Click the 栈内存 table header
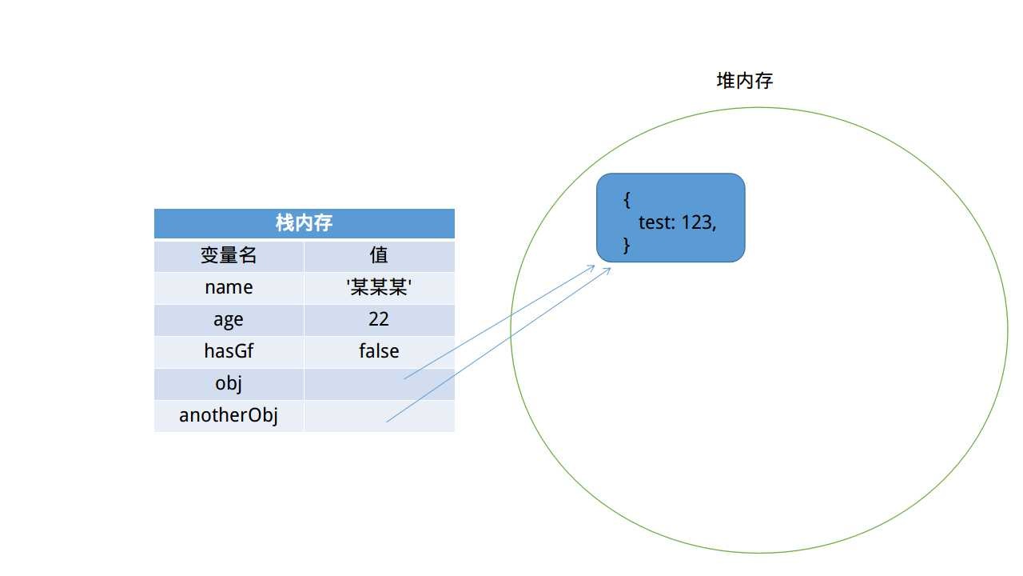point(305,223)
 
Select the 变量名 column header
point(229,255)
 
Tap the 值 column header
point(379,255)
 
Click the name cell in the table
point(229,287)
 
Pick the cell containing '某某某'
point(379,287)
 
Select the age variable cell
point(229,319)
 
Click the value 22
point(379,319)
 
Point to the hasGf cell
point(229,351)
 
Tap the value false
point(379,351)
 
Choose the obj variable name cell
point(229,383)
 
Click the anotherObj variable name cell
point(229,415)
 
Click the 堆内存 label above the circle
point(744,81)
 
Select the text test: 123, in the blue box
point(677,222)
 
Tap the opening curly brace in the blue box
point(627,200)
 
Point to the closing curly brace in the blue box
point(627,246)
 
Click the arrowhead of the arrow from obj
point(594,266)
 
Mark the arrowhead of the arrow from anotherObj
point(610,270)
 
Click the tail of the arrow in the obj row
point(404,378)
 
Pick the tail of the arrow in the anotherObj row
point(387,421)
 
